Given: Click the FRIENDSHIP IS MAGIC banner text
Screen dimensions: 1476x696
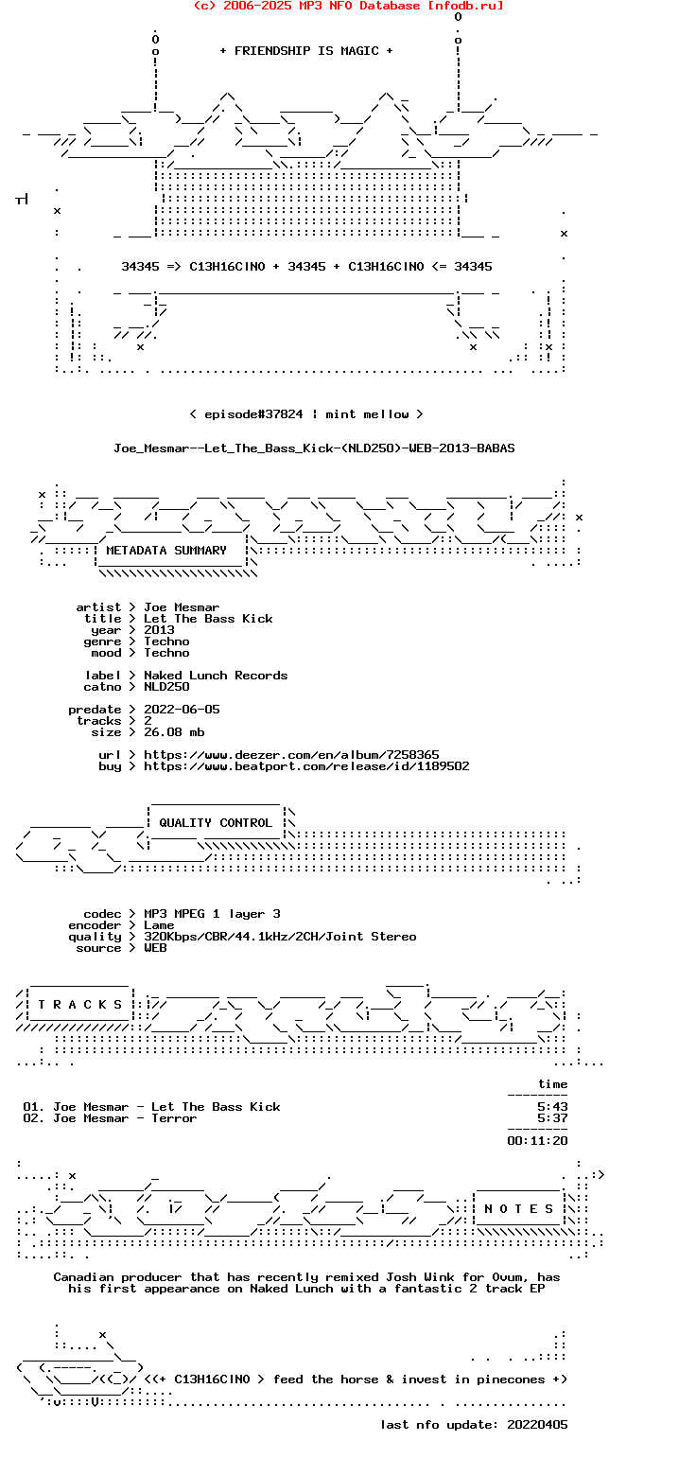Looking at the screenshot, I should tap(306, 51).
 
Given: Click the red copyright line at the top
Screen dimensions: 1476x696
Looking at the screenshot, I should tap(348, 6).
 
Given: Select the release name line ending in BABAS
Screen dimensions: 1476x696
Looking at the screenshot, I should tap(314, 448).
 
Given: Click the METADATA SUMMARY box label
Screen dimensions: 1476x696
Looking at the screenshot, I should tap(166, 551).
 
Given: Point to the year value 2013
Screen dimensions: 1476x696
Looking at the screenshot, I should tap(159, 630).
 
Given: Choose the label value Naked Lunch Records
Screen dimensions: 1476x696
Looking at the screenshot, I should tap(216, 676).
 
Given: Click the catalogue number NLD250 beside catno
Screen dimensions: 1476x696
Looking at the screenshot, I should tap(166, 687).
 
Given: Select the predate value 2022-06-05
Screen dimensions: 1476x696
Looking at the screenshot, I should tap(182, 710).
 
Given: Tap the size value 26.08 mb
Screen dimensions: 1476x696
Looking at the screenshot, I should tap(174, 732).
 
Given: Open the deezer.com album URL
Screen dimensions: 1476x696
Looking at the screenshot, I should tap(291, 755).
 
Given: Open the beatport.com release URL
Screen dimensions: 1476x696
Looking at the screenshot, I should tap(306, 766).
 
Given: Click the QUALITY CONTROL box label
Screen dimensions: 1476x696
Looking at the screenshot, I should tap(216, 823).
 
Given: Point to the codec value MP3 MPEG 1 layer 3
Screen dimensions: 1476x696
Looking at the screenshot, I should tap(212, 914).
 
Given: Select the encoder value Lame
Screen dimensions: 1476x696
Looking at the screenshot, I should tap(159, 925).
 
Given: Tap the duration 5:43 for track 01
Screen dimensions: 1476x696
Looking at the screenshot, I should tap(552, 1107).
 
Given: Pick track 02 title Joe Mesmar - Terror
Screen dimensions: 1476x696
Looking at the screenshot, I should tap(125, 1118).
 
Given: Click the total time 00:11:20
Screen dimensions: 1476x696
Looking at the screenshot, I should tap(537, 1141).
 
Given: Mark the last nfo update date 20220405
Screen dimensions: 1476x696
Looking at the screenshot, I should tap(537, 1425).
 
